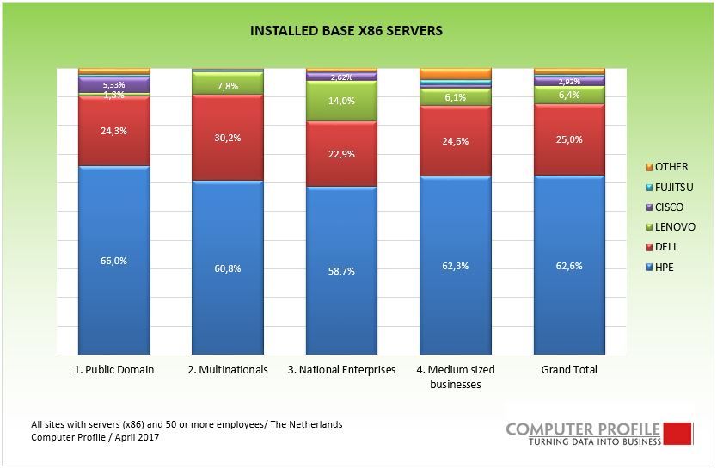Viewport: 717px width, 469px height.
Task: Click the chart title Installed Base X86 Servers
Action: [346, 31]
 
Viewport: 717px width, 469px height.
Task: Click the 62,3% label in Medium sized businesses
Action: [455, 266]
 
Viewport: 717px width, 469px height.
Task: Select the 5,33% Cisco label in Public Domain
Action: [113, 85]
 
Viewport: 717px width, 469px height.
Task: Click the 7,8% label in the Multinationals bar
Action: [227, 86]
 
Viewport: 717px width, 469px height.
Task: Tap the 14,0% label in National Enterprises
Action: [341, 101]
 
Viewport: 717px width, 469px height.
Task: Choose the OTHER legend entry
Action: [671, 167]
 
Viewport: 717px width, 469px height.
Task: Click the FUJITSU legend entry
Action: [673, 187]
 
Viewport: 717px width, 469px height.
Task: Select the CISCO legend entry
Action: [669, 207]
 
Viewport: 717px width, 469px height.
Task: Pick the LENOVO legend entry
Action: [672, 227]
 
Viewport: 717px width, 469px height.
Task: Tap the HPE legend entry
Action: [664, 268]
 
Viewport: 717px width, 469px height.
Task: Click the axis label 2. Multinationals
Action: [228, 370]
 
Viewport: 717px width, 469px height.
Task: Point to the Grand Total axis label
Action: [569, 370]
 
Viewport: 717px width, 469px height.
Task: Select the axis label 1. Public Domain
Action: [113, 370]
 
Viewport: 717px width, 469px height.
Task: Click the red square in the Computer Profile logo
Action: [677, 433]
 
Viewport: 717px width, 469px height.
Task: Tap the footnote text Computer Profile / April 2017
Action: [95, 438]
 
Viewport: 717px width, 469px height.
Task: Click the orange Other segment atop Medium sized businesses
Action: [455, 74]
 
